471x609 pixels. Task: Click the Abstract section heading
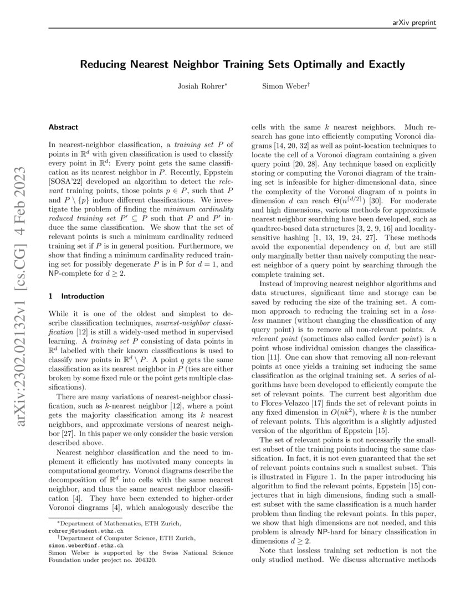63,127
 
